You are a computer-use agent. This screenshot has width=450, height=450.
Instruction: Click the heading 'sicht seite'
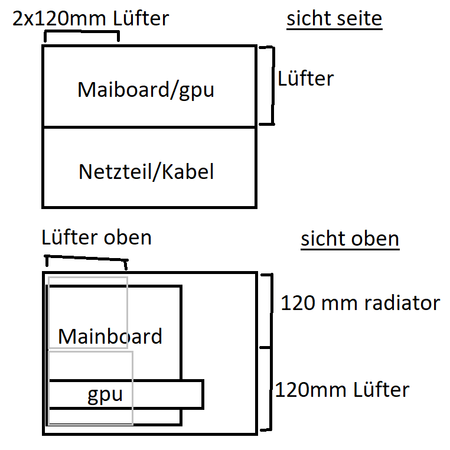click(x=334, y=19)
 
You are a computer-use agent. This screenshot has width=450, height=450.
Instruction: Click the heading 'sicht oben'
click(x=350, y=239)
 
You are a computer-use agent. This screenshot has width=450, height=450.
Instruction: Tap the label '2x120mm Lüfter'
click(x=91, y=19)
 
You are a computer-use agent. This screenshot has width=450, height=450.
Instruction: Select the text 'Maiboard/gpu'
click(x=146, y=90)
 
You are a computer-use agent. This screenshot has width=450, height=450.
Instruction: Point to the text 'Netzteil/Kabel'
click(x=146, y=172)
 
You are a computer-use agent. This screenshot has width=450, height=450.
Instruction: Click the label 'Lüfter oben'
click(x=96, y=237)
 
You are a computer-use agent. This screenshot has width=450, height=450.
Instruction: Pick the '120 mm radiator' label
click(x=360, y=303)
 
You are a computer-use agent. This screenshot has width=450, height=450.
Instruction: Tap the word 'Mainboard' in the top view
click(x=110, y=336)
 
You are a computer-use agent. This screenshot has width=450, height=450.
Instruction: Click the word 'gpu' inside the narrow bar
click(x=105, y=395)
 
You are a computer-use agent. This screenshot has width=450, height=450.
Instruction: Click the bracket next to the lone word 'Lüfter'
click(x=273, y=86)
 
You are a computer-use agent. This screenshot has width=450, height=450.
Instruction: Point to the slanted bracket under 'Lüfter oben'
click(x=86, y=258)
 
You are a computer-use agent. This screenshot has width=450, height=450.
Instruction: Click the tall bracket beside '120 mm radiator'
click(x=271, y=352)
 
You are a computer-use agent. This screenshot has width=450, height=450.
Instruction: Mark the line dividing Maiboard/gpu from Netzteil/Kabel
click(x=149, y=126)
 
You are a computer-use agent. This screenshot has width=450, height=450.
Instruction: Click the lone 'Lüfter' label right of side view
click(x=306, y=79)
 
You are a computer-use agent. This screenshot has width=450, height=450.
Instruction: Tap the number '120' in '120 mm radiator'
click(x=298, y=303)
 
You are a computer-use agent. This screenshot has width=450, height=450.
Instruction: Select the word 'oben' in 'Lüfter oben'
click(x=128, y=238)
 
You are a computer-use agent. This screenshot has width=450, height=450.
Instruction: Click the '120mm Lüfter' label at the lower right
click(x=342, y=390)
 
